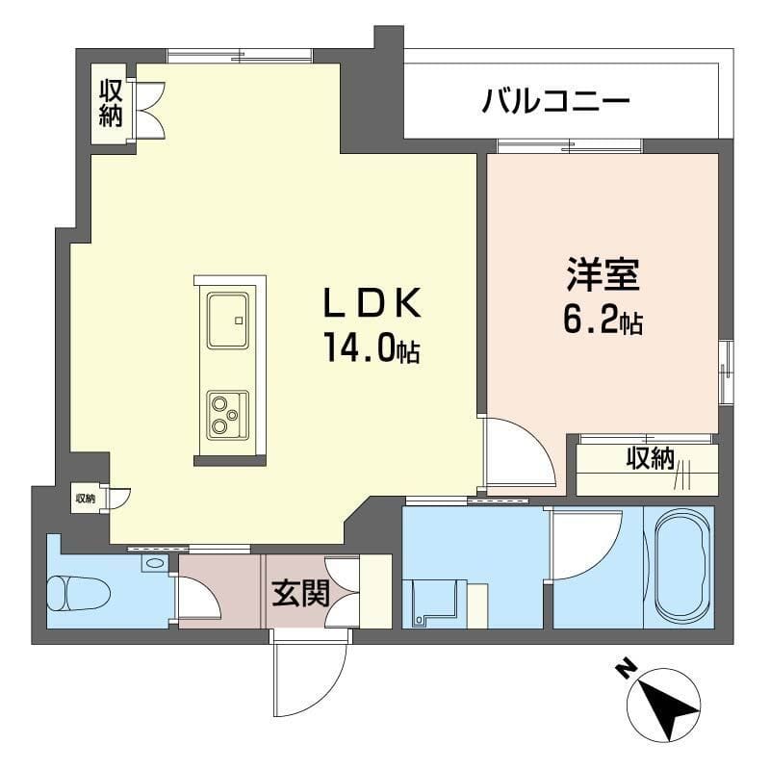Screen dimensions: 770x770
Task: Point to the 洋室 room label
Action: tap(603, 275)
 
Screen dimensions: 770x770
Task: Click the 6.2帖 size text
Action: tap(603, 321)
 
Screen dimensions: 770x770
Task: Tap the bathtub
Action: tap(682, 568)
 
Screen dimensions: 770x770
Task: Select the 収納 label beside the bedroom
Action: tap(650, 459)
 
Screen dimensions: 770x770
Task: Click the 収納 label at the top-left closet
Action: tap(110, 103)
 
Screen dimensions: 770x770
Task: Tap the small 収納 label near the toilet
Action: tap(86, 498)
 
